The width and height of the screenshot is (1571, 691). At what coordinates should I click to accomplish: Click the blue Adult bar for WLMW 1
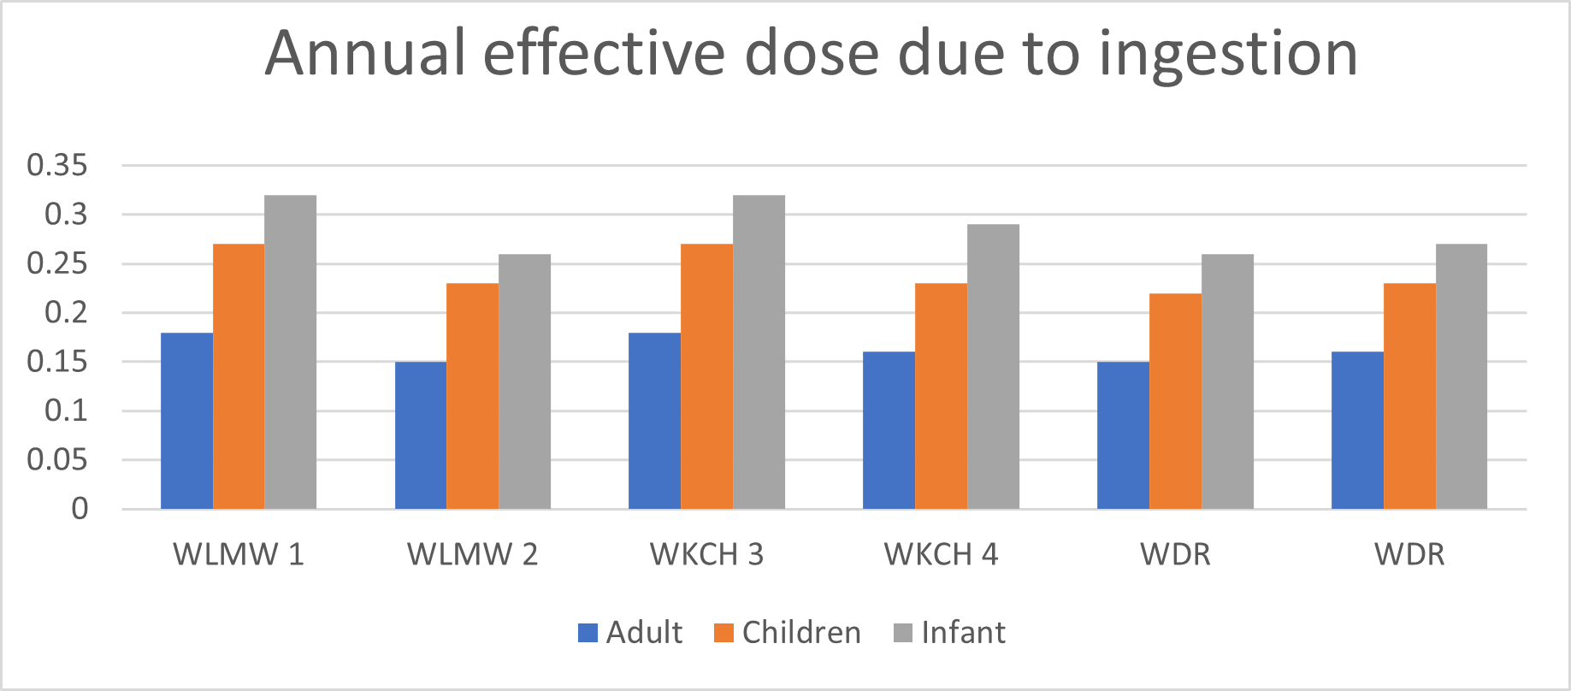point(186,421)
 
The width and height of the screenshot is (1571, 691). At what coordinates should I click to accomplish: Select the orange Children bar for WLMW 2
point(472,396)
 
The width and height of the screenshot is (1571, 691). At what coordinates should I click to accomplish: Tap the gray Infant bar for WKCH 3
point(759,352)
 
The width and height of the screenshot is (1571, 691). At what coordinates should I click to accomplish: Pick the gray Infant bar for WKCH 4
point(993,367)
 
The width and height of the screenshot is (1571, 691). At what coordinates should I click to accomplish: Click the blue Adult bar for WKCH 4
point(889,430)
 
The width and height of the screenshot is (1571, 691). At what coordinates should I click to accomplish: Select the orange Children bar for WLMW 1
point(239,376)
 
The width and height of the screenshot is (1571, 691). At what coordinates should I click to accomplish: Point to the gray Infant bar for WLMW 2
point(524,381)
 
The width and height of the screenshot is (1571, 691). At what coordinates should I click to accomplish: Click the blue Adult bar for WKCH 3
point(654,421)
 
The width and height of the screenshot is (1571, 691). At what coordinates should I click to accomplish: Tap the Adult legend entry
point(631,633)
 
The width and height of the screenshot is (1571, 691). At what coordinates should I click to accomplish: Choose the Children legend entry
point(788,633)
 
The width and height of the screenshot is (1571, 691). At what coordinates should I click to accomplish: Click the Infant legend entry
point(949,633)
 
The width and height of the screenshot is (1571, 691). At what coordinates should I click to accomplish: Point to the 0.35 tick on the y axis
point(57,165)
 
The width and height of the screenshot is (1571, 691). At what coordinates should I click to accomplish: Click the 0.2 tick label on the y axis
point(66,312)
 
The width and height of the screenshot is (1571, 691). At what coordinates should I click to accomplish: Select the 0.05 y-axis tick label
point(57,460)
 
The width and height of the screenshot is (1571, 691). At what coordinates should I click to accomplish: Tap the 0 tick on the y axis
point(80,509)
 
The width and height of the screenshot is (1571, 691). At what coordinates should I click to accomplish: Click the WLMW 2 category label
point(472,554)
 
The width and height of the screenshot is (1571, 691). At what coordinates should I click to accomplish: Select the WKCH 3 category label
point(706,554)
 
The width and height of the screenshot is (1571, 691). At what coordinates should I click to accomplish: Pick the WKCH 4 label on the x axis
point(941,554)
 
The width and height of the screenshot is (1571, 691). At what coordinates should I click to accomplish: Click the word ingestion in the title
point(1228,55)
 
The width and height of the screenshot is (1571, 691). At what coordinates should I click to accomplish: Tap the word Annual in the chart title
point(364,55)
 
